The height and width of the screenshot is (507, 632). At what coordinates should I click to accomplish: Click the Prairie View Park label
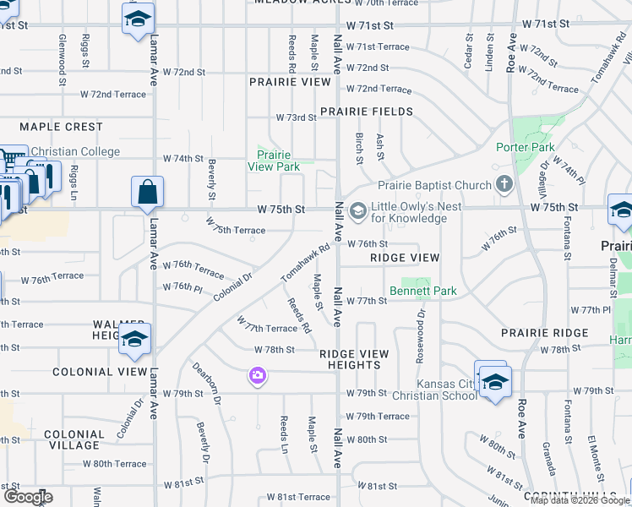pyautogui.click(x=274, y=161)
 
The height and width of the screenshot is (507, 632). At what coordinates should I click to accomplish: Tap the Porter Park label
pyautogui.click(x=526, y=147)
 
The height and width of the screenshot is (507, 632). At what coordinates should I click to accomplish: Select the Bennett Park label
pyautogui.click(x=422, y=292)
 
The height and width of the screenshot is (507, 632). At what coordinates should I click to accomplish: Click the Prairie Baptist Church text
pyautogui.click(x=434, y=185)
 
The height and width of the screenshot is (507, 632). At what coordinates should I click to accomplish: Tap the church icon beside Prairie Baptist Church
pyautogui.click(x=504, y=183)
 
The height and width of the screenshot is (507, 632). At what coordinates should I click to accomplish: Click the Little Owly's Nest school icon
pyautogui.click(x=357, y=210)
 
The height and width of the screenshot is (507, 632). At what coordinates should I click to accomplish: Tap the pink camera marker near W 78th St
pyautogui.click(x=258, y=374)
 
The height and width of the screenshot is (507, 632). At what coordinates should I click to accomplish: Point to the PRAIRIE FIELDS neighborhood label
pyautogui.click(x=367, y=112)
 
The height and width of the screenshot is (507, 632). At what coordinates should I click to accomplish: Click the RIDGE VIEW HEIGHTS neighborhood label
pyautogui.click(x=354, y=359)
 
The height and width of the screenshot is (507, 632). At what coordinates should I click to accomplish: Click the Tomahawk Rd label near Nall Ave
pyautogui.click(x=305, y=264)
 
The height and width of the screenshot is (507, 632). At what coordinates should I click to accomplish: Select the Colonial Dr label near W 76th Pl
pyautogui.click(x=233, y=286)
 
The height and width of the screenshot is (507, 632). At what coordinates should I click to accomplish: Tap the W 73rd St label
pyautogui.click(x=296, y=117)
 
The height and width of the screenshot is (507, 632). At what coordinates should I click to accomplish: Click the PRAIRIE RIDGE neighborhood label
pyautogui.click(x=544, y=333)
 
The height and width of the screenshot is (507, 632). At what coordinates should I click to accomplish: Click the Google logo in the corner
pyautogui.click(x=29, y=498)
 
